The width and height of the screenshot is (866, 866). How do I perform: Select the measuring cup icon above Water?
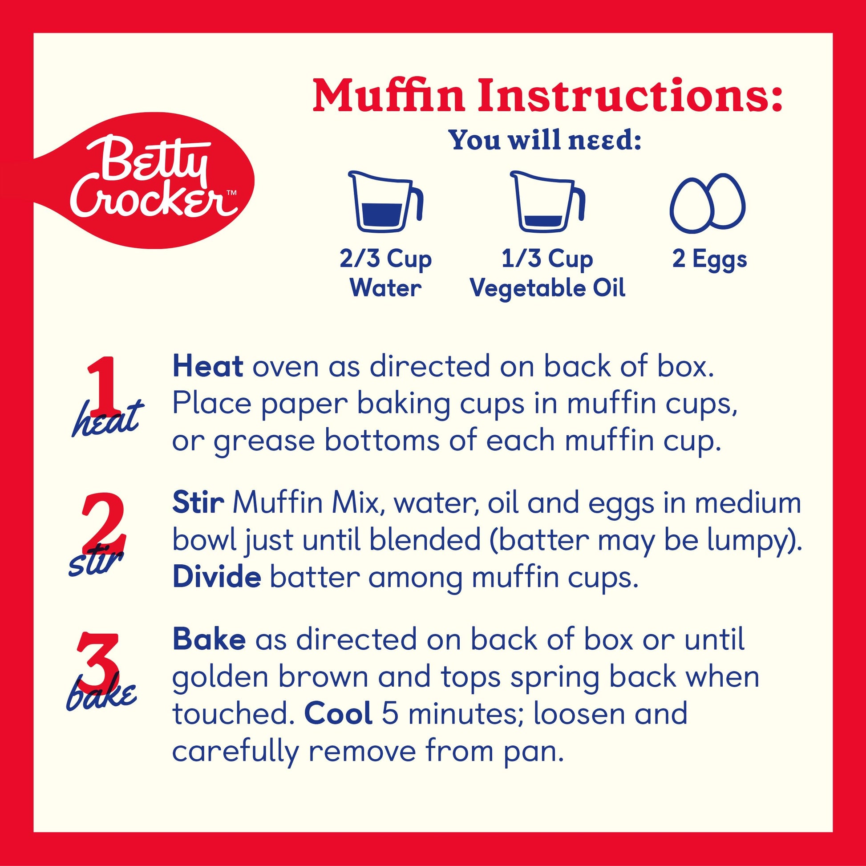click(386, 202)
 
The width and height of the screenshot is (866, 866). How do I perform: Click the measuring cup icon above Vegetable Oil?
click(548, 202)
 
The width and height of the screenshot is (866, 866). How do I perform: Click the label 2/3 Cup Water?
click(385, 273)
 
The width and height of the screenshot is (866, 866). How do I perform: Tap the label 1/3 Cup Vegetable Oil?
click(547, 273)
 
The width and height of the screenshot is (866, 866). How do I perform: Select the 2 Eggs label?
click(709, 259)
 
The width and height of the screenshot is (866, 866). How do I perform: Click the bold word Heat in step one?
click(208, 366)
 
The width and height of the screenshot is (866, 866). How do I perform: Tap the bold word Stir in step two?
click(198, 502)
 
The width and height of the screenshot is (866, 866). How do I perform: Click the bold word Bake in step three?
click(209, 639)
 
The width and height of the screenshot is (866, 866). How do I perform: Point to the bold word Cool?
click(338, 713)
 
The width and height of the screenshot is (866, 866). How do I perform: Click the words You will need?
click(546, 140)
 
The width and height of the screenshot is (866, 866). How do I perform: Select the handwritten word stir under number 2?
click(96, 562)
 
